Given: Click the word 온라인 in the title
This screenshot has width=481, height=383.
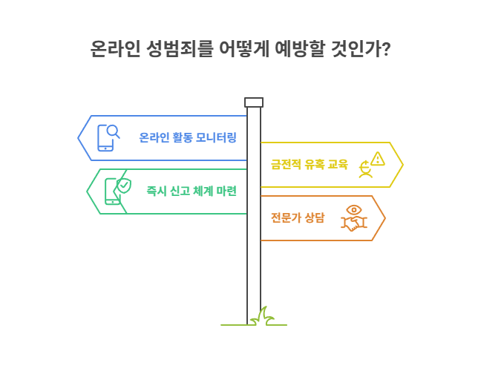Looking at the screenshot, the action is [116, 48].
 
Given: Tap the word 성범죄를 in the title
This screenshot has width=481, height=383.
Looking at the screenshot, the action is [179, 48].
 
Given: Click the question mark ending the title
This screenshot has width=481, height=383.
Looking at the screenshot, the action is [387, 49].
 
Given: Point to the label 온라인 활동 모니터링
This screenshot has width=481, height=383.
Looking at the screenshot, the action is [188, 137].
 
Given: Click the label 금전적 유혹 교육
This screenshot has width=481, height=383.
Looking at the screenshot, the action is [310, 164].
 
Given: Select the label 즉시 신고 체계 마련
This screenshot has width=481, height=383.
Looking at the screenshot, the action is [192, 191].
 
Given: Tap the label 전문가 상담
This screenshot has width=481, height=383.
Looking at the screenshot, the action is [298, 217].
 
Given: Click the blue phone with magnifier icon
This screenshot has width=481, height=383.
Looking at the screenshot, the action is [108, 137].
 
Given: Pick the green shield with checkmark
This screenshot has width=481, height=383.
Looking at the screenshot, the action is [124, 186].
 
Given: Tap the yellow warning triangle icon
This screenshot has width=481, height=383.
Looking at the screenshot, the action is [378, 159].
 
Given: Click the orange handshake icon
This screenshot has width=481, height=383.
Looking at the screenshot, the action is [354, 223].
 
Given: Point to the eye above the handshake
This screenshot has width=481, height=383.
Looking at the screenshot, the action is [354, 210].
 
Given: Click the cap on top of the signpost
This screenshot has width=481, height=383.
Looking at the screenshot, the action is [254, 102].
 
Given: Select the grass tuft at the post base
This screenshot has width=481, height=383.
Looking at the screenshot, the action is [262, 317].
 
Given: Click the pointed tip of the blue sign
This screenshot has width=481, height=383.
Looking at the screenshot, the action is [78, 138].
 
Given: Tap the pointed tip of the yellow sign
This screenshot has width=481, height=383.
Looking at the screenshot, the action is [403, 165].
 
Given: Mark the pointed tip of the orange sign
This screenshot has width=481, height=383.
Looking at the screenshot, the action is [385, 218].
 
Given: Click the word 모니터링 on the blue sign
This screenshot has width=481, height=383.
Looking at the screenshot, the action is [216, 137].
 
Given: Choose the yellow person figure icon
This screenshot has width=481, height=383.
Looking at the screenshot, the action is [365, 169].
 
